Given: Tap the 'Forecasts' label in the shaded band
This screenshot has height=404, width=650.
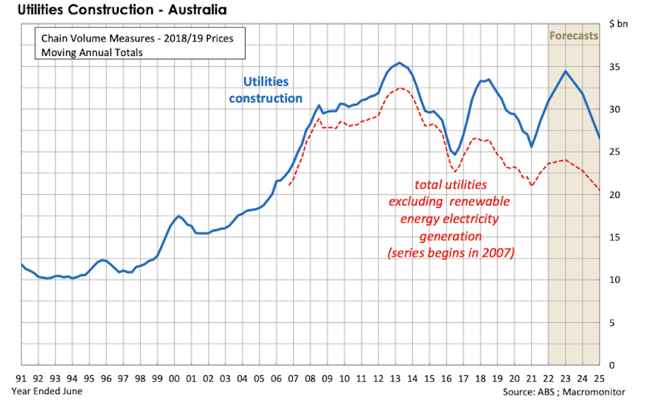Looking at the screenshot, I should coord(573,35).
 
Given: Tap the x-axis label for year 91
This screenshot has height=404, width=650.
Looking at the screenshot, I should coord(22,378).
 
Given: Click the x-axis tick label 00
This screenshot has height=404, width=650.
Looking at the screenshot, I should coord(174,378).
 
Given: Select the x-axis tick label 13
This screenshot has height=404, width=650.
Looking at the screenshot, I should coord(396,378).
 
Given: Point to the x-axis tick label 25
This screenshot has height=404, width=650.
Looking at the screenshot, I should coord(600,378).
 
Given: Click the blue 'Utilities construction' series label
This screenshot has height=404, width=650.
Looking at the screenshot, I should coord(266,90).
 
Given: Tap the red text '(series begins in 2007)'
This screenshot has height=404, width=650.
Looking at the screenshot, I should coord(450,253).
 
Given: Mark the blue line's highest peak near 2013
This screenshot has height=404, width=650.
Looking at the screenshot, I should coord(399,63).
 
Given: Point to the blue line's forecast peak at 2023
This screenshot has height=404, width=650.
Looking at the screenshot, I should coord(566,71).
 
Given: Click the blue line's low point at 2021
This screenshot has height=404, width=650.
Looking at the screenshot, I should coord(531,147).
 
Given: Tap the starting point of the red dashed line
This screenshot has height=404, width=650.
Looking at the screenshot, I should coord(289,185).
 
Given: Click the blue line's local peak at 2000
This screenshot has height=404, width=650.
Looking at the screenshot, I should coord(178,216).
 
